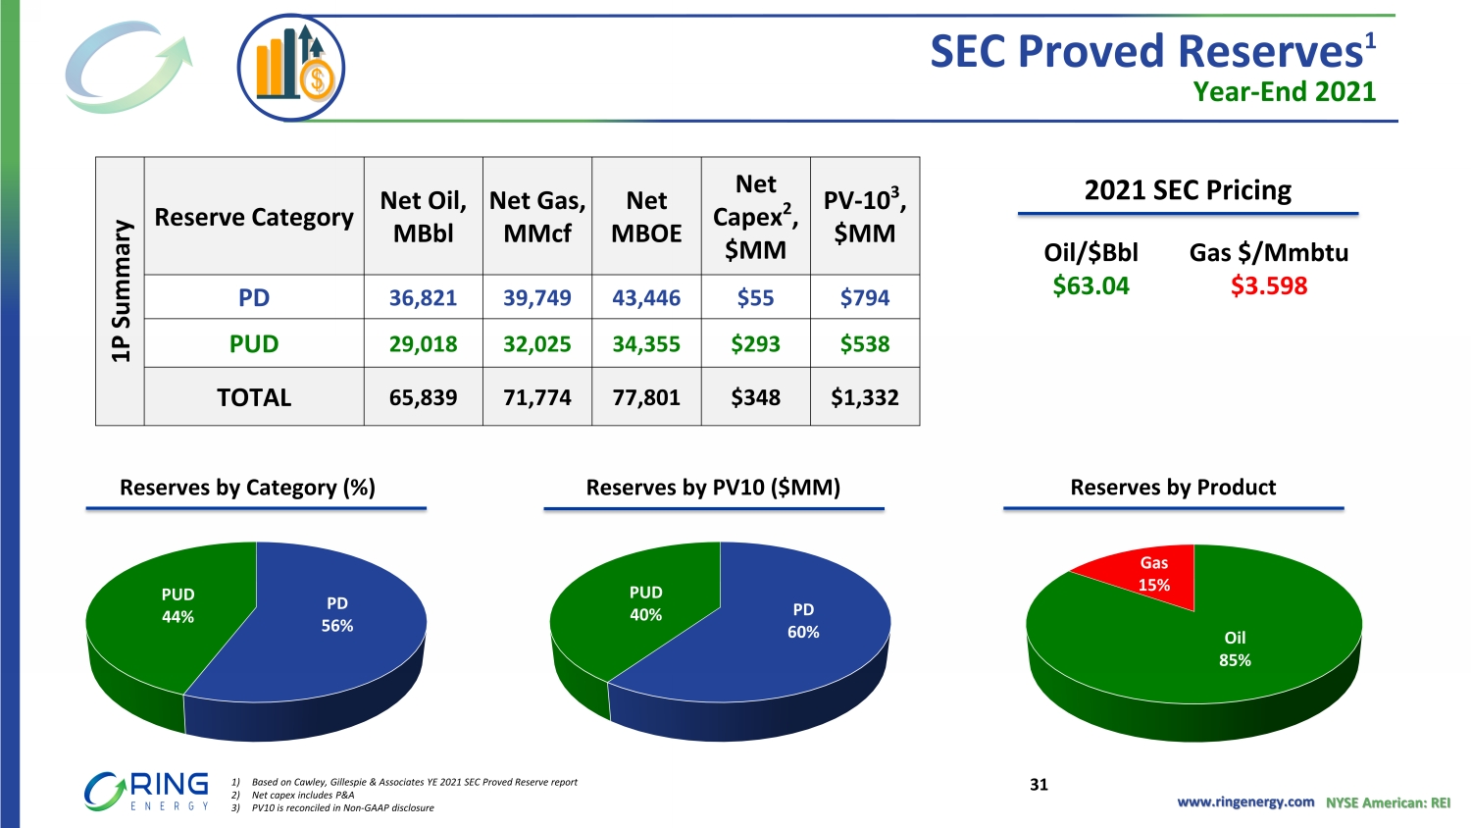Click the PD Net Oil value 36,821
[x=423, y=297]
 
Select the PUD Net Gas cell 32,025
[x=536, y=344]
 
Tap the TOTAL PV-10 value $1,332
[x=864, y=397]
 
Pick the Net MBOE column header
[x=646, y=217]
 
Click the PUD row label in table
[x=254, y=344]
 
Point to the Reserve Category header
[x=254, y=217]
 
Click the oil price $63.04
[x=1091, y=285]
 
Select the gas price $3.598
[x=1269, y=285]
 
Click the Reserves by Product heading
[x=1173, y=488]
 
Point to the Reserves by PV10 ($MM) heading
[x=713, y=488]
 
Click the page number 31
[x=1039, y=785]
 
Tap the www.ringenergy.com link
[x=1245, y=802]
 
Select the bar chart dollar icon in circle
[x=291, y=68]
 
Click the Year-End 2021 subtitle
[x=1285, y=91]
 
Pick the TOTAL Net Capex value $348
[x=755, y=397]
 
